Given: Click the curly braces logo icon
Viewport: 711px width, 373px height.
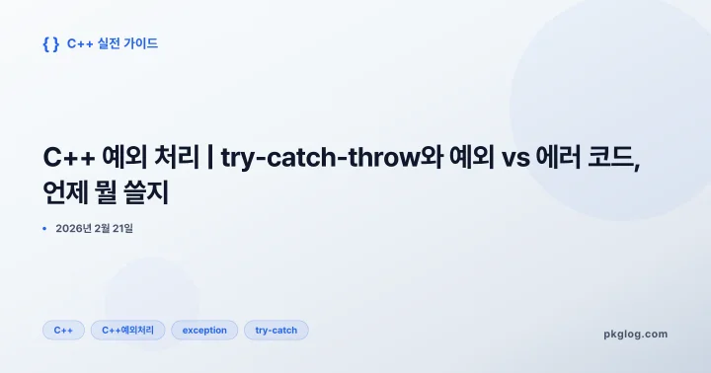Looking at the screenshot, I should click(51, 44).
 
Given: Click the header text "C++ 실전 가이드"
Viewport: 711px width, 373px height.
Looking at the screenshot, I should click(113, 44).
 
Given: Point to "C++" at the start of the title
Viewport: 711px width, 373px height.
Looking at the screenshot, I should click(70, 158).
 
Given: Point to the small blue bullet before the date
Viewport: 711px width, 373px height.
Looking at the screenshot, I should click(44, 229).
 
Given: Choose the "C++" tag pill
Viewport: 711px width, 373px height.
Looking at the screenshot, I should click(63, 331).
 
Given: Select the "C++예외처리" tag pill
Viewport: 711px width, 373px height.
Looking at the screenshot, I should click(127, 331).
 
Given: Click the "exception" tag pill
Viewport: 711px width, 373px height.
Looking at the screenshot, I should click(204, 331).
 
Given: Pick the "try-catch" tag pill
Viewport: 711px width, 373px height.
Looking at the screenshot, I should click(276, 331).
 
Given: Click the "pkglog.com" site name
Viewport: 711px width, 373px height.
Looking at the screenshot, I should click(635, 334).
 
